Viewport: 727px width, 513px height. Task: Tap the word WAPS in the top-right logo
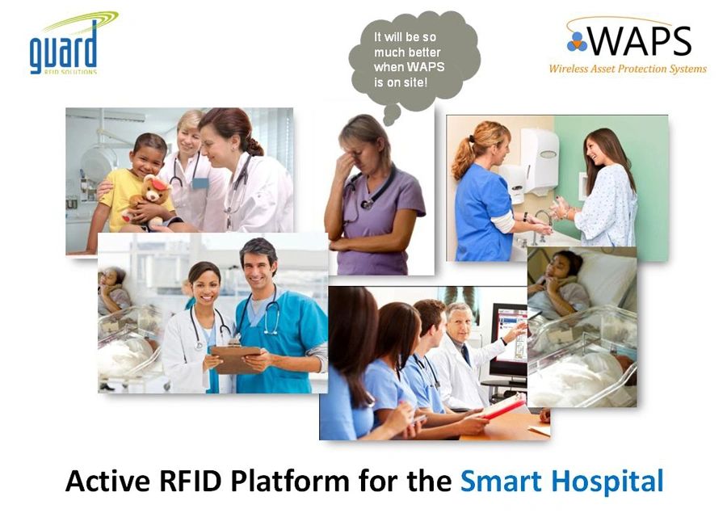pyautogui.click(x=640, y=41)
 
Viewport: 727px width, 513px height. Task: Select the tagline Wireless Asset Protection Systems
pyautogui.click(x=628, y=69)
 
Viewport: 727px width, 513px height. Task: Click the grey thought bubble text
pyautogui.click(x=409, y=60)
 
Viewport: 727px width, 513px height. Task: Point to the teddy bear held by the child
pyautogui.click(x=149, y=200)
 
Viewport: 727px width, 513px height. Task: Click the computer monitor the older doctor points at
pyautogui.click(x=509, y=340)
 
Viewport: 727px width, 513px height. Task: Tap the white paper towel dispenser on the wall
pyautogui.click(x=540, y=161)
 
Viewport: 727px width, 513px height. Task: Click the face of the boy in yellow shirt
pyautogui.click(x=148, y=156)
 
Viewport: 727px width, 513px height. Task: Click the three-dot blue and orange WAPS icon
pyautogui.click(x=577, y=42)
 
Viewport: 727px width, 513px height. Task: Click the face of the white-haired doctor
pyautogui.click(x=458, y=323)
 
